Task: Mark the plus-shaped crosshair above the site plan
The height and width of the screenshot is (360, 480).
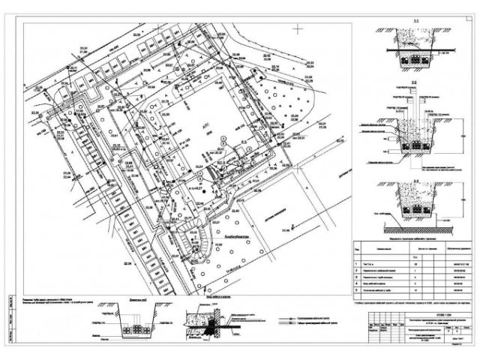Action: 299,30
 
